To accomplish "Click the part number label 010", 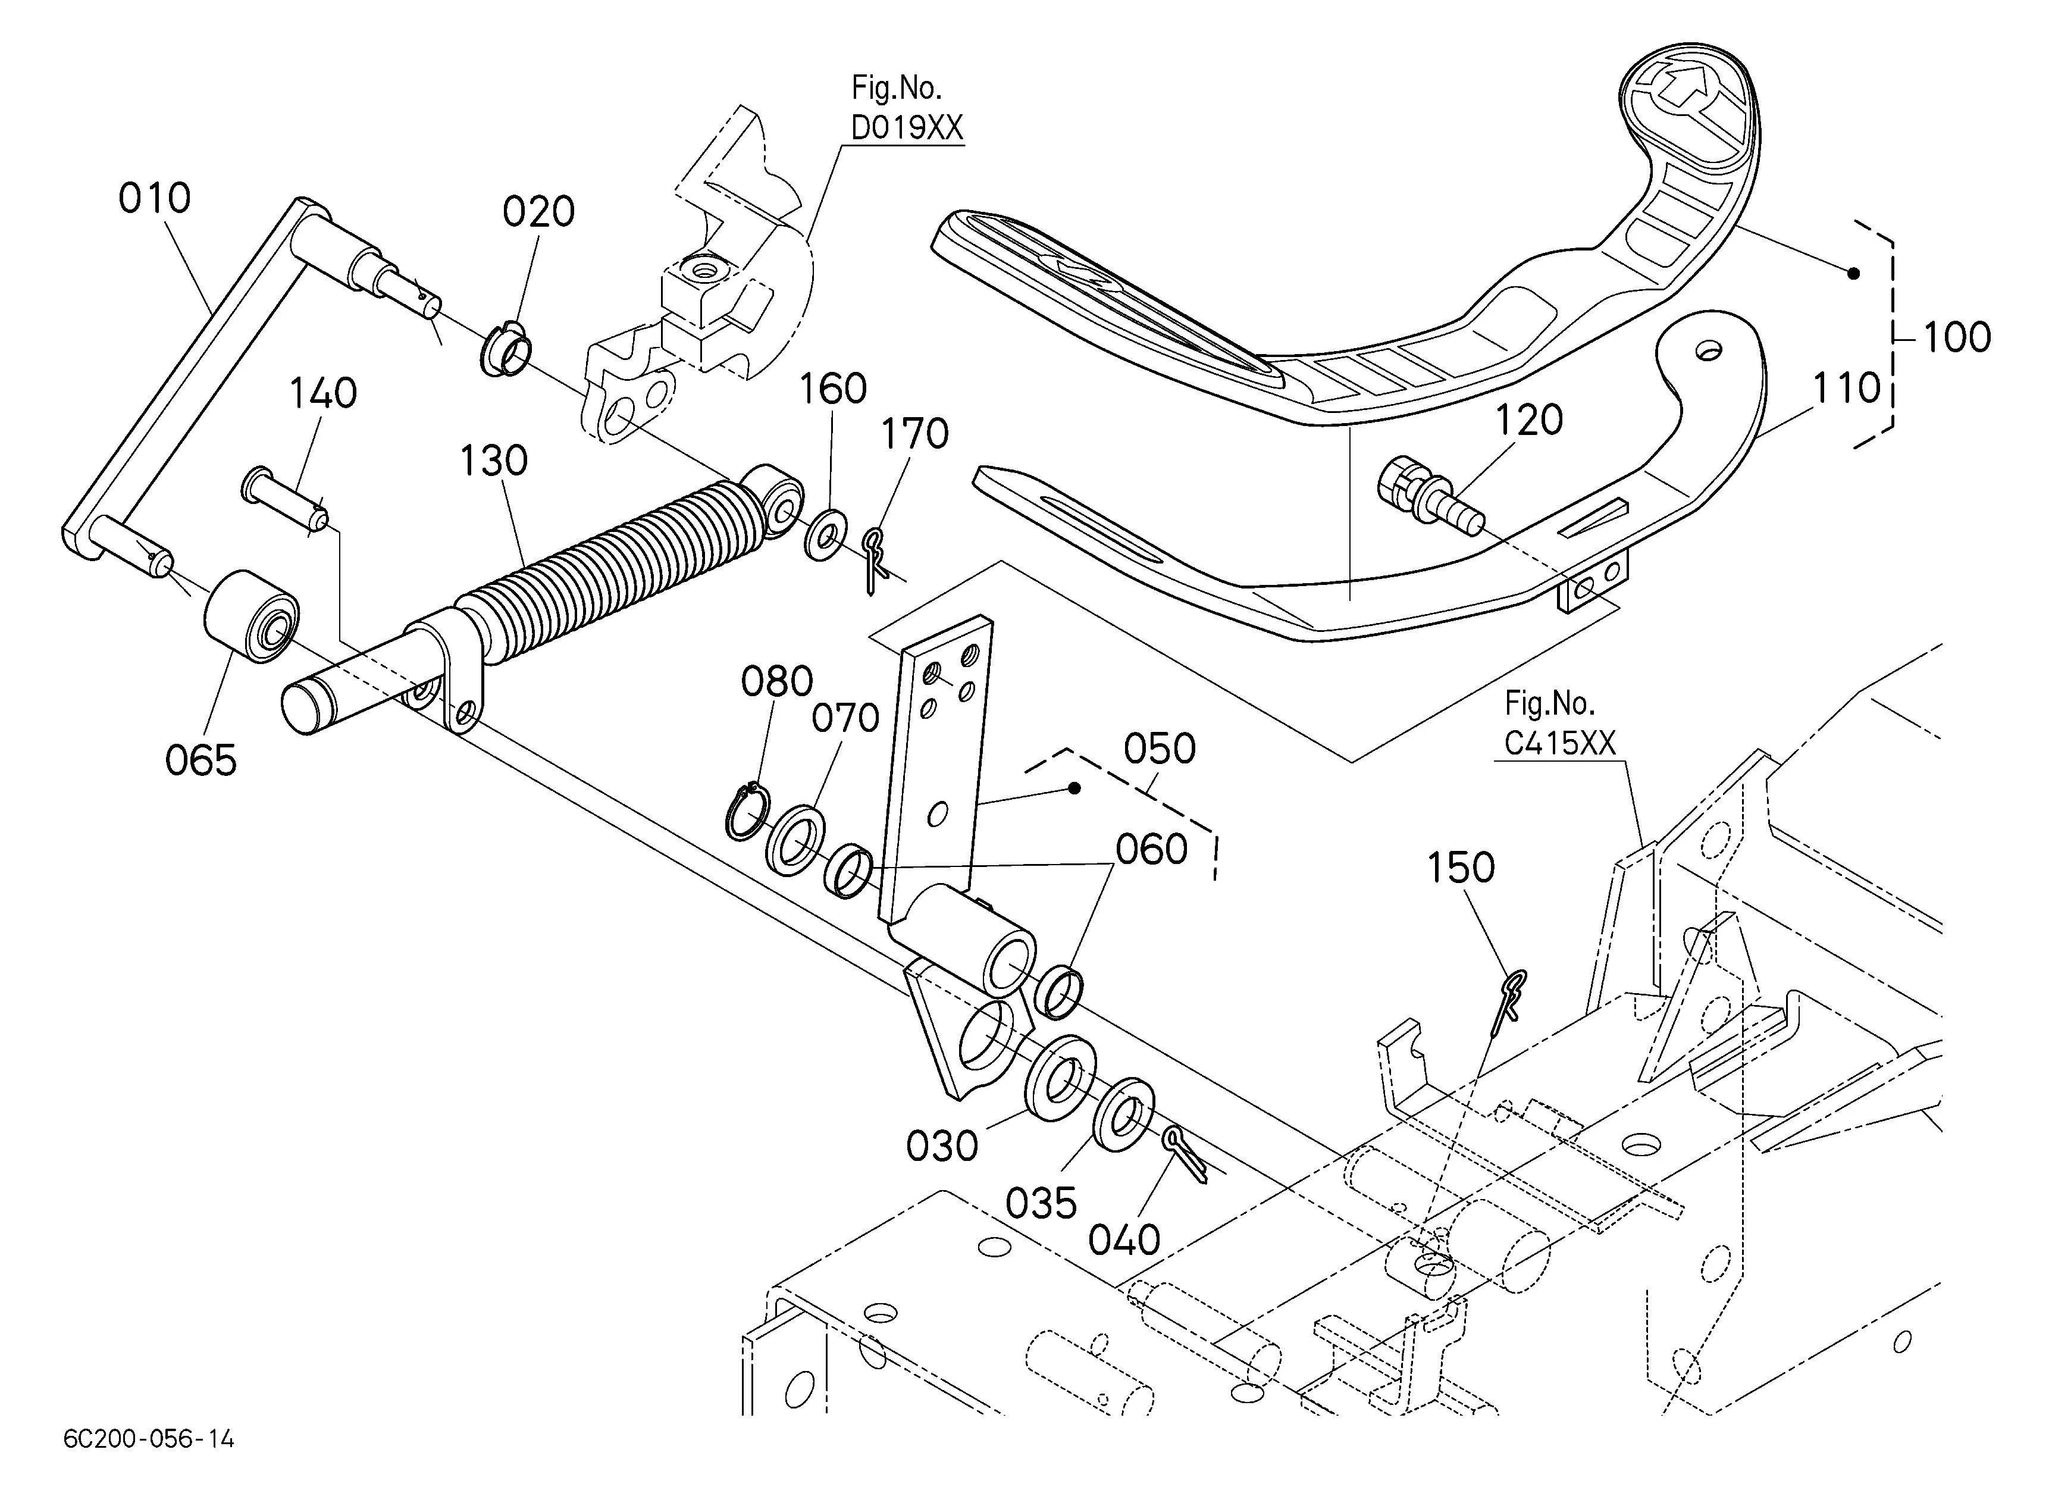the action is (x=155, y=199).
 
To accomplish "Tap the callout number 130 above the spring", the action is (x=494, y=461).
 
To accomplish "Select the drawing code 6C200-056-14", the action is (x=149, y=1438).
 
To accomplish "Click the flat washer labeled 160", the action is (x=825, y=535).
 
